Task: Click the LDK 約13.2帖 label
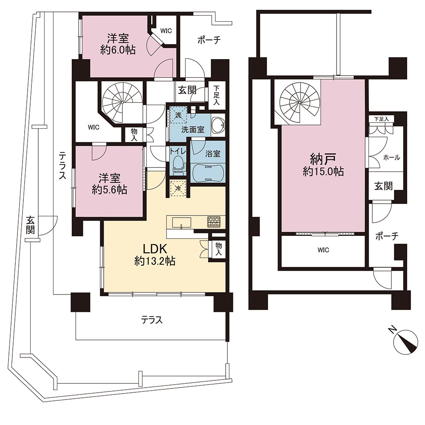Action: coord(155,255)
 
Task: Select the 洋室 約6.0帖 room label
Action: coord(118,44)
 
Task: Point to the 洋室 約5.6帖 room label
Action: coord(109,184)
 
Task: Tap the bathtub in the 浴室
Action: coord(208,173)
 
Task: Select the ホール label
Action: coord(391,158)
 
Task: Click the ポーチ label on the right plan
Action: coord(387,237)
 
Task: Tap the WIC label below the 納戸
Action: coord(323,250)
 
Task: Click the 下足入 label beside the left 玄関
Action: coord(216,95)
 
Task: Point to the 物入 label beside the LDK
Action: coord(218,249)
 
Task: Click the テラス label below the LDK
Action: coord(152,320)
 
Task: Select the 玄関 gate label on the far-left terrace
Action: coord(30,225)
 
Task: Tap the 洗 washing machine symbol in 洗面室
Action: coord(178,115)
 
